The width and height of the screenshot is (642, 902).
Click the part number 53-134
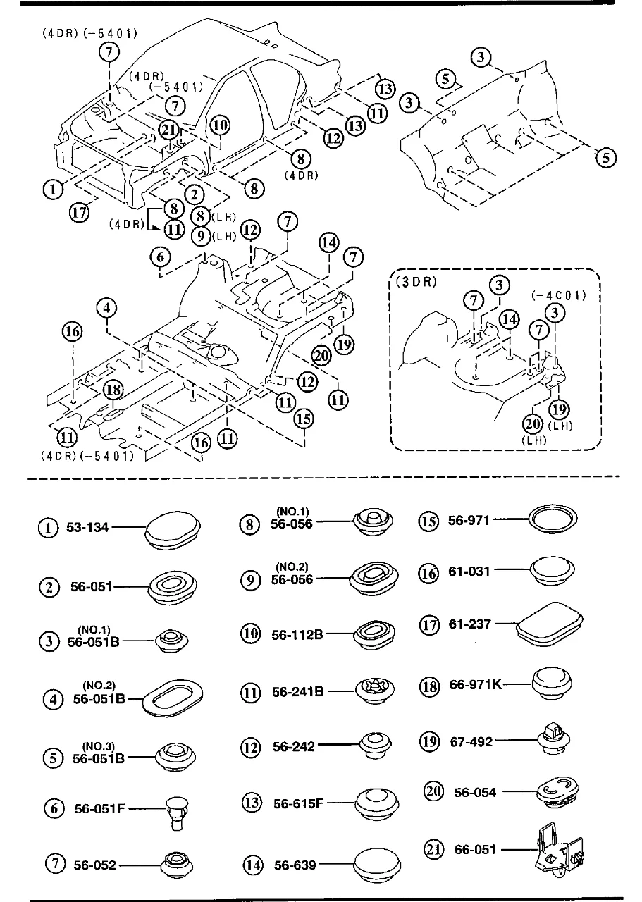pos(88,527)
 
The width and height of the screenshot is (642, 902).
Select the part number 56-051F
pos(99,809)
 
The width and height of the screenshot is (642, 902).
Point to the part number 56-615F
pos(298,802)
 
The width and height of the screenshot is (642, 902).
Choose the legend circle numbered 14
pos(252,865)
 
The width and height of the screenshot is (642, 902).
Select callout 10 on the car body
pos(219,125)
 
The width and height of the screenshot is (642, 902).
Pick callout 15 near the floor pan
pos(304,418)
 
